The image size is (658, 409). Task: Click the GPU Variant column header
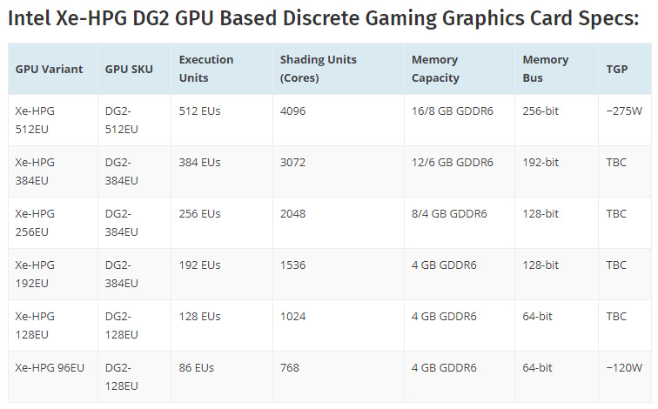(49, 69)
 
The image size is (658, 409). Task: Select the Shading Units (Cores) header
(319, 69)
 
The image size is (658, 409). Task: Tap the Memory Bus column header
(546, 69)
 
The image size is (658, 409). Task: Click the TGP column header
(616, 69)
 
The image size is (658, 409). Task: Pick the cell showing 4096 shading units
(292, 111)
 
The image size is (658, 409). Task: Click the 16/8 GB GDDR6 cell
(453, 111)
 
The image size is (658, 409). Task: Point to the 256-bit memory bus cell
(540, 111)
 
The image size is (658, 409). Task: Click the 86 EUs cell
(199, 368)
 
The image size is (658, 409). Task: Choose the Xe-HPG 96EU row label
(50, 368)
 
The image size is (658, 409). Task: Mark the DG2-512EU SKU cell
(122, 120)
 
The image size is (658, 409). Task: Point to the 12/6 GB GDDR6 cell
(453, 163)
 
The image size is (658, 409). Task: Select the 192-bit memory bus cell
(540, 163)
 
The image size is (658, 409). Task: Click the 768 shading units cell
(290, 368)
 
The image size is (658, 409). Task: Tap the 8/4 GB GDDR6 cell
(449, 214)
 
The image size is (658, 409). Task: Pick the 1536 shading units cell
(292, 265)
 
